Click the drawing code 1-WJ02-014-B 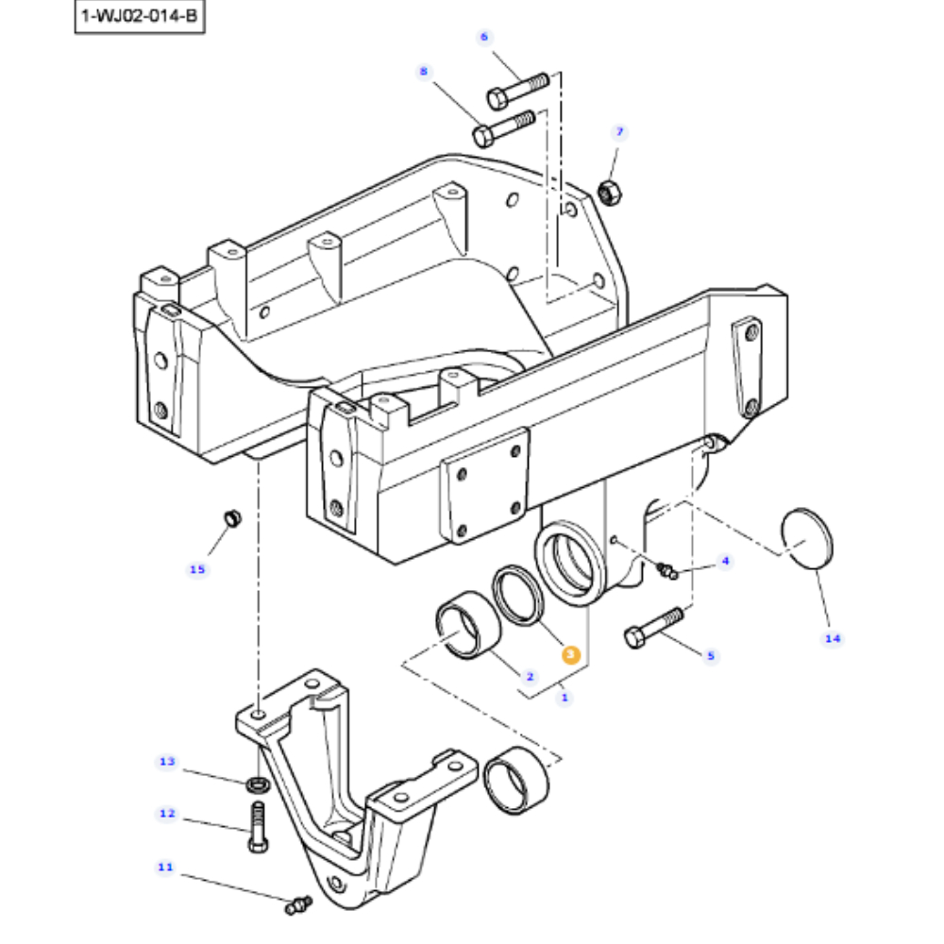click(x=140, y=16)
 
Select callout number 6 click(x=484, y=37)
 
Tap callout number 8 click(x=423, y=71)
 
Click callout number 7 click(x=619, y=131)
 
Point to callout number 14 click(x=832, y=639)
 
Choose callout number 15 click(x=196, y=569)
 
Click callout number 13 click(x=167, y=761)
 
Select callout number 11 click(x=165, y=867)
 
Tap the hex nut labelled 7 click(x=608, y=192)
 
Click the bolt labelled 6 click(x=517, y=89)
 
